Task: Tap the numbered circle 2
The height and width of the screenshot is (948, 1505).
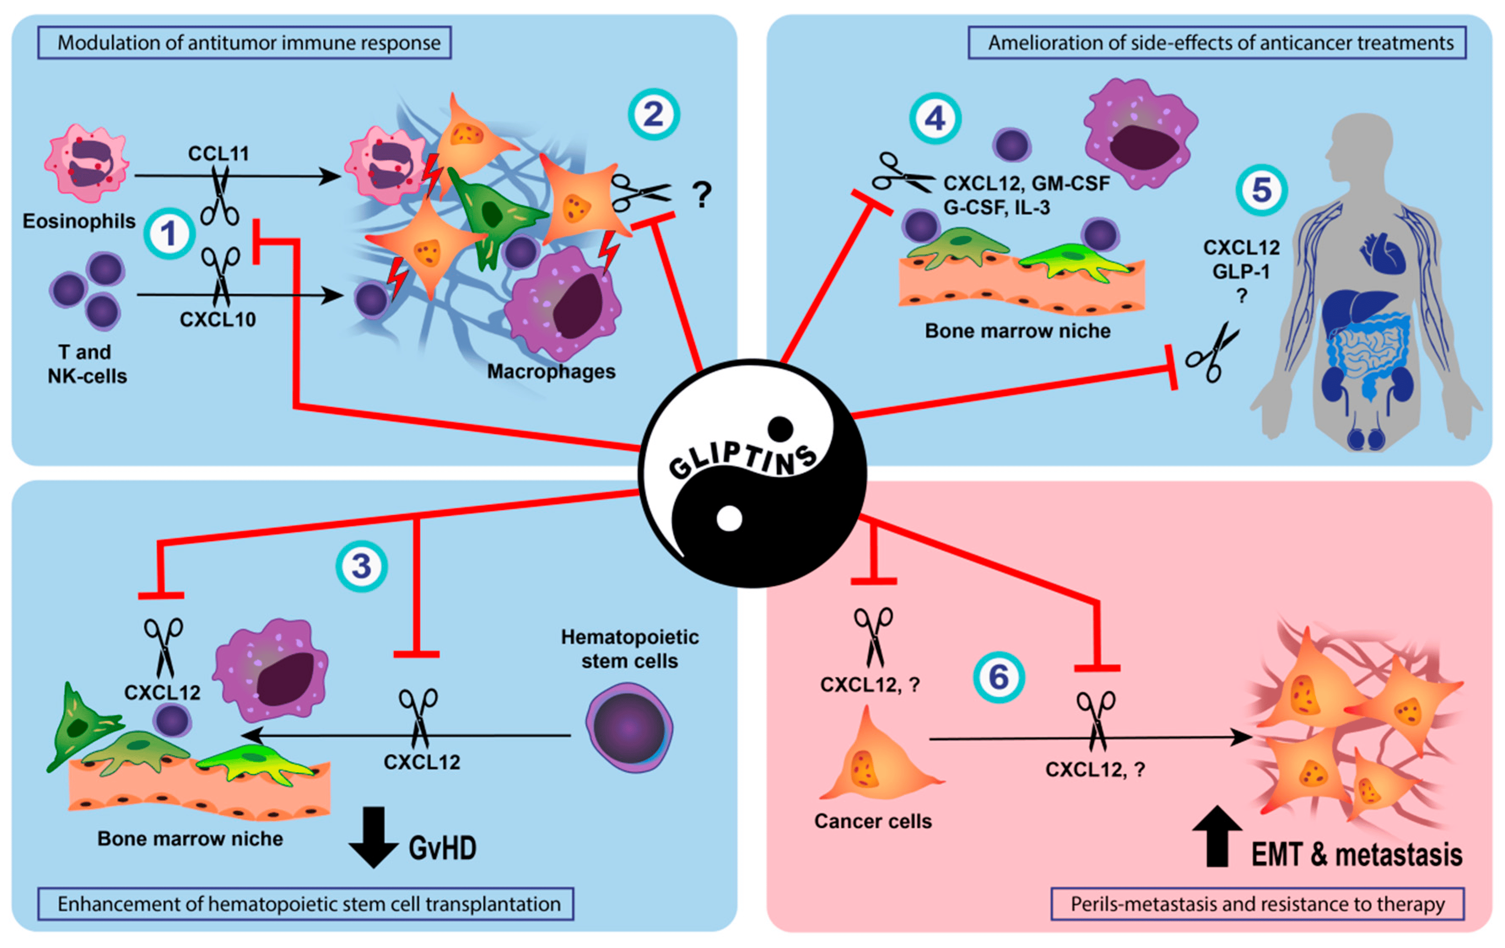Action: pyautogui.click(x=654, y=114)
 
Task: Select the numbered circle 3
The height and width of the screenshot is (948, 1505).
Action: pyautogui.click(x=362, y=566)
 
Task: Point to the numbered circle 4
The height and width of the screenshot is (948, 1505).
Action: pyautogui.click(x=935, y=118)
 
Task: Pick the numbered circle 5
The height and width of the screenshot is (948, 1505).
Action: pyautogui.click(x=1262, y=190)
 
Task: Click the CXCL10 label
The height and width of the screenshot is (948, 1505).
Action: pyautogui.click(x=218, y=320)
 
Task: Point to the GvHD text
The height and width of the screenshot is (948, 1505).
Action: pyautogui.click(x=442, y=848)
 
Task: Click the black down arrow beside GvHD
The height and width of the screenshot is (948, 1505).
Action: pyautogui.click(x=374, y=838)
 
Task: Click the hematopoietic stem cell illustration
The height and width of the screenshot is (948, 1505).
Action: pyautogui.click(x=630, y=728)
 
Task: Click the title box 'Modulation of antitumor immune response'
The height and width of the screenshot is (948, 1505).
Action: pyautogui.click(x=245, y=43)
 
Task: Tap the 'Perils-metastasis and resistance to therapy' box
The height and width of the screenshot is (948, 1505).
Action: pyautogui.click(x=1257, y=904)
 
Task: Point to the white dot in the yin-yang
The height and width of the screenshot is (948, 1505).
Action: pyautogui.click(x=729, y=519)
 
